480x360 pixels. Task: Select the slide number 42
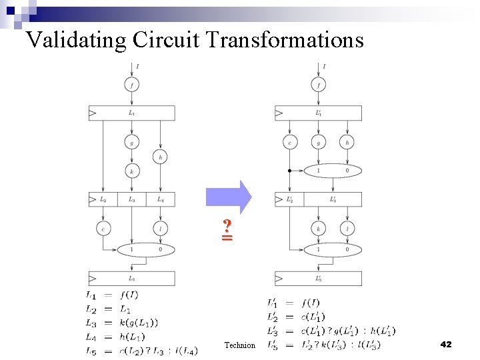point(446,344)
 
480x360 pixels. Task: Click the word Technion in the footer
point(240,345)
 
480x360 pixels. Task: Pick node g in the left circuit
point(132,142)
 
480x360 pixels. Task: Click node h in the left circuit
point(160,157)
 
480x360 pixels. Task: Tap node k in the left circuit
point(132,171)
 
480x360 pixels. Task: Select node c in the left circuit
point(103,229)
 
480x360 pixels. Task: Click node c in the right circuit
point(289,142)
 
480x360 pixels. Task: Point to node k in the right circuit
point(319,229)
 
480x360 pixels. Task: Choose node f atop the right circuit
point(319,85)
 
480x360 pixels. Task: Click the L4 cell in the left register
point(160,199)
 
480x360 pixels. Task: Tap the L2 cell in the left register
point(103,199)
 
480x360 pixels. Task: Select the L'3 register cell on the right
point(333,199)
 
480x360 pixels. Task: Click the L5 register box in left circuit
point(132,278)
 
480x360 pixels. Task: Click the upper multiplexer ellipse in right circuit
point(333,171)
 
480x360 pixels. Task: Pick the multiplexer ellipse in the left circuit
point(146,250)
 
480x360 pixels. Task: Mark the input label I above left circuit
point(137,66)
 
